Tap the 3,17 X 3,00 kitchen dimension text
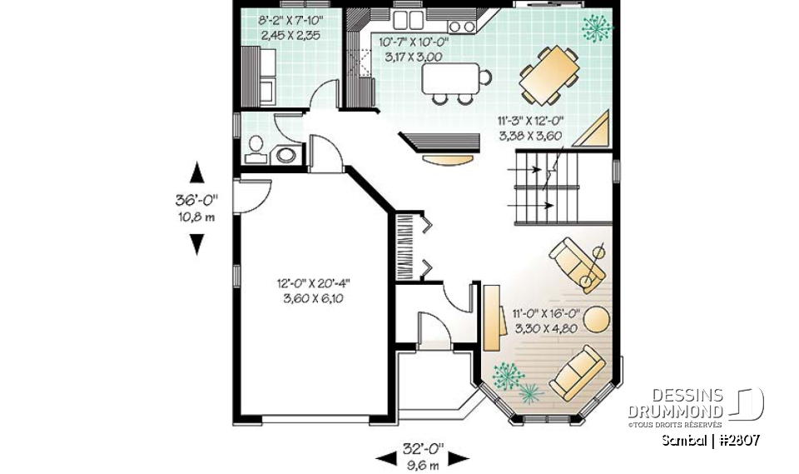pyautogui.click(x=411, y=57)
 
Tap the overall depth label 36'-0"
pyautogui.click(x=196, y=200)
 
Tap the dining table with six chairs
pyautogui.click(x=550, y=72)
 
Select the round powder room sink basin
pyautogui.click(x=286, y=154)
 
